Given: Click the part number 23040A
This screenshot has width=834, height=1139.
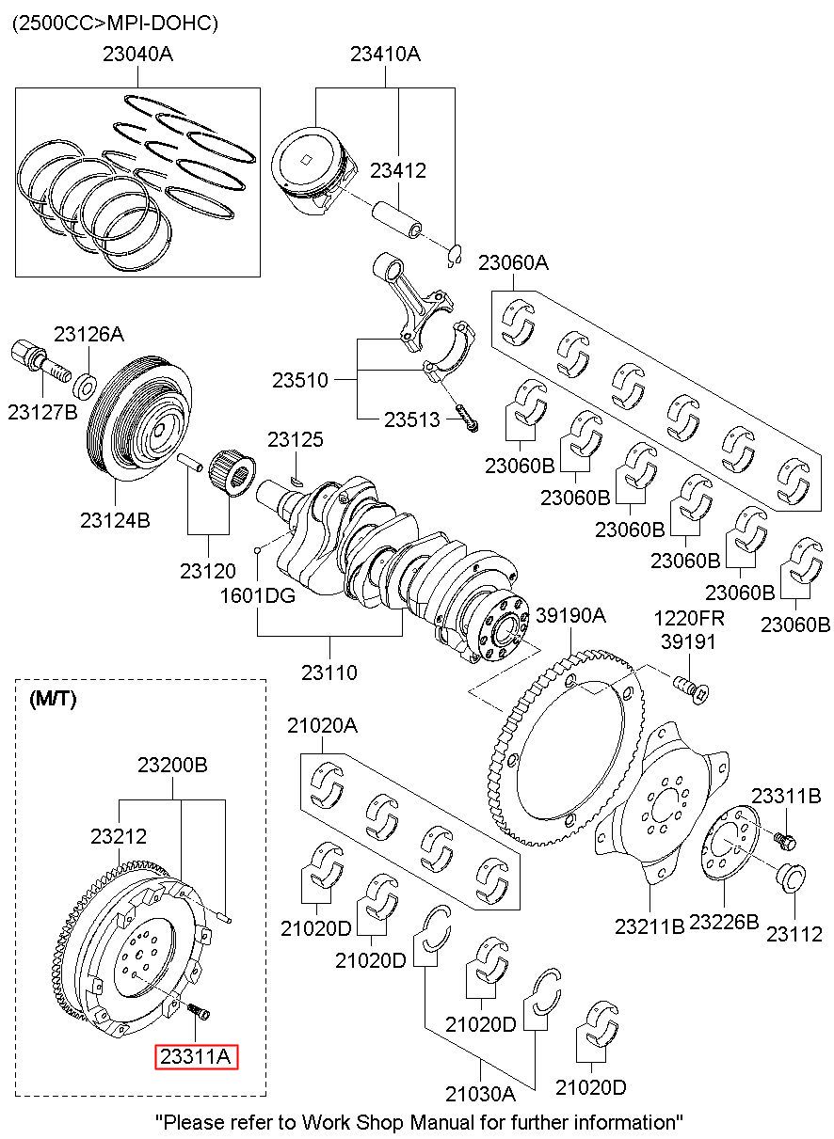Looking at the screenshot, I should [x=137, y=55].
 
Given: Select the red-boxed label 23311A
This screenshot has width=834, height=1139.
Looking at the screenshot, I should [x=196, y=1057].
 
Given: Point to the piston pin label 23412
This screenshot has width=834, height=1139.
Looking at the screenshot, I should [x=397, y=171].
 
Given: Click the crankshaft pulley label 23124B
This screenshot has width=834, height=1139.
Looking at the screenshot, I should [x=115, y=519].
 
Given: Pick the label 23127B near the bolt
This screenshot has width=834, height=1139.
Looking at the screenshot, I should [x=42, y=411].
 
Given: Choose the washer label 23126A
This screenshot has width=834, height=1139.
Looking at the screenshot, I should [x=88, y=334].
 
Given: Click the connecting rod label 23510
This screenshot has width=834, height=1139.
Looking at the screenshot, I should [x=300, y=381].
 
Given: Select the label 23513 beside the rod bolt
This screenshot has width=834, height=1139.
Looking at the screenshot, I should [x=411, y=419].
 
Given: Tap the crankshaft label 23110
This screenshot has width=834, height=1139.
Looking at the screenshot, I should [x=329, y=672].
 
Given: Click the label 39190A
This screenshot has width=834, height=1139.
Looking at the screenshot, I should [x=570, y=616].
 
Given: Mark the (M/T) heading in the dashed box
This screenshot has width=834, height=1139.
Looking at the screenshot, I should [x=54, y=699].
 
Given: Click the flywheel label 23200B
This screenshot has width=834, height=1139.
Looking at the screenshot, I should [x=172, y=766].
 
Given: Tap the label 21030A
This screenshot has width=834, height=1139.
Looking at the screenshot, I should [x=480, y=1094].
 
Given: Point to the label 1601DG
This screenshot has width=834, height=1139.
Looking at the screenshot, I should [x=258, y=595].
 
